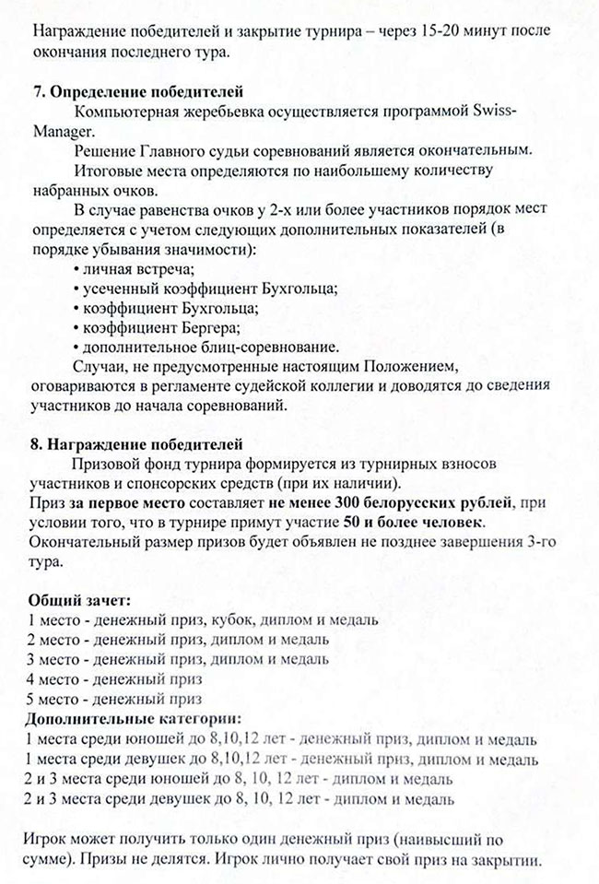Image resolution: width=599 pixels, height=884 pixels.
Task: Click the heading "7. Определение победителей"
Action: point(137,92)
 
